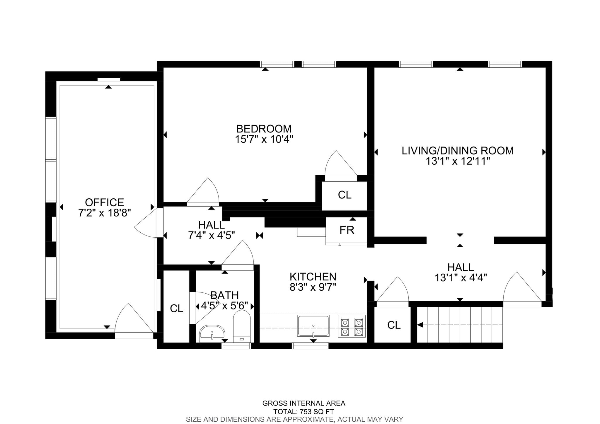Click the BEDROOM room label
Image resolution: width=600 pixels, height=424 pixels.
pos(264,129)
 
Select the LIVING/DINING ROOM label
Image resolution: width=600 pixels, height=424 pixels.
pos(457,151)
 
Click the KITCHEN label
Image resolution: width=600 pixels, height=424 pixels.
pos(313,277)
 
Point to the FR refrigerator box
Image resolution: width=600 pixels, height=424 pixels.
pos(347,230)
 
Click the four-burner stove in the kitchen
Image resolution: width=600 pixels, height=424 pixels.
pos(352,326)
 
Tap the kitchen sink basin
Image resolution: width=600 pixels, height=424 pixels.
pos(313,326)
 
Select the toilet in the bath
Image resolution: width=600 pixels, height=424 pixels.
pos(242,327)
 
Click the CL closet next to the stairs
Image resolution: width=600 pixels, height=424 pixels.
pos(393,325)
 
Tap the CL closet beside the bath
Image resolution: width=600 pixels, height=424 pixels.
pos(176,308)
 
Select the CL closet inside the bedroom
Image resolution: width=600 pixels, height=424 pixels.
pos(344,195)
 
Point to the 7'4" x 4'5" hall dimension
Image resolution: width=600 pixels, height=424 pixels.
pos(211,235)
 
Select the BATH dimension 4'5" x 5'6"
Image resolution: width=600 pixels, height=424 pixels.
pos(224,306)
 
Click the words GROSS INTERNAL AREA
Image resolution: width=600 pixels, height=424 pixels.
pos(304,403)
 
